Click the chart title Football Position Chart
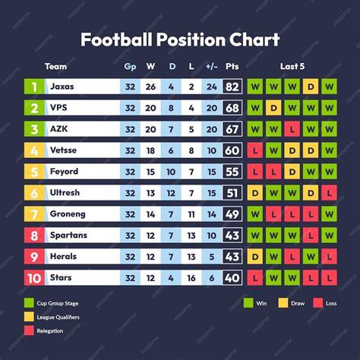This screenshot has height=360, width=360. [x=180, y=39]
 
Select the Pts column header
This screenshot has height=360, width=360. [x=232, y=67]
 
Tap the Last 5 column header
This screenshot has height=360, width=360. [x=292, y=67]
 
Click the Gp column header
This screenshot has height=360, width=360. [x=130, y=67]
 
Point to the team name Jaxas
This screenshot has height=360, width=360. [x=62, y=87]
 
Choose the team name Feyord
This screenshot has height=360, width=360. [x=64, y=172]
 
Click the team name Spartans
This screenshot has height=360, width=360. [x=68, y=235]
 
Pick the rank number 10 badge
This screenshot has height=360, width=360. [x=33, y=278]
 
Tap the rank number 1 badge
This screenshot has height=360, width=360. [x=33, y=87]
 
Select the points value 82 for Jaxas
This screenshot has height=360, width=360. [x=232, y=87]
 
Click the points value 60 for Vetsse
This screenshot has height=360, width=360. [x=232, y=150]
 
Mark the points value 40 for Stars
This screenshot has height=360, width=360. [x=232, y=278]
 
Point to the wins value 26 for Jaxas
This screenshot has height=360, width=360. [x=150, y=87]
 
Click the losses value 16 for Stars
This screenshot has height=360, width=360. [x=191, y=278]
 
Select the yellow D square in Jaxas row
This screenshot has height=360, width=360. [x=310, y=87]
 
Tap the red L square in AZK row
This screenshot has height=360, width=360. [x=292, y=129]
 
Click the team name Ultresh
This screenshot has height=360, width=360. [x=65, y=193]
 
